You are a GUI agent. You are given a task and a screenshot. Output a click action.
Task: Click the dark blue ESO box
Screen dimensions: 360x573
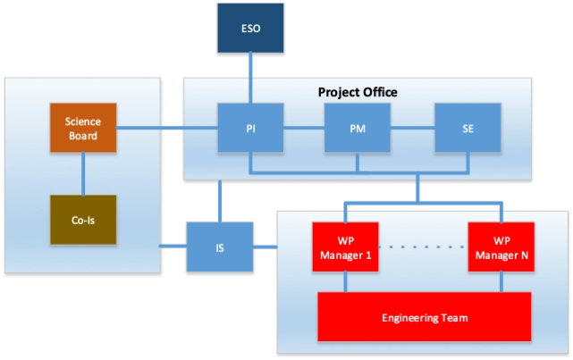pos(251,28)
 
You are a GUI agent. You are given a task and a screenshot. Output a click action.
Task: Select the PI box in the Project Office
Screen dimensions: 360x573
pos(251,129)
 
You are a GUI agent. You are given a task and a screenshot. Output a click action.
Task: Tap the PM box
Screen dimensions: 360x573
pos(357,129)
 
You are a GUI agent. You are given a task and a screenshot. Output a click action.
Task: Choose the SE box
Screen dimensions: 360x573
pos(468,129)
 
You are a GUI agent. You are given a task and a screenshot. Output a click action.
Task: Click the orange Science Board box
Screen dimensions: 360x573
pos(83,129)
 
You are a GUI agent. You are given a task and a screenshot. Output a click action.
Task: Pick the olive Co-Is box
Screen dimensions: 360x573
pos(83,220)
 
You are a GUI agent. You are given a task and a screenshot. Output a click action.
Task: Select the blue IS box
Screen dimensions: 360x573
pos(220,247)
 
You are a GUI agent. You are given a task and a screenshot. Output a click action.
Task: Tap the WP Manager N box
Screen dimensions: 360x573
pos(501,247)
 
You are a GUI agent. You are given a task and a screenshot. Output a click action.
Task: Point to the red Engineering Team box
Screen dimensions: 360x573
pos(425,318)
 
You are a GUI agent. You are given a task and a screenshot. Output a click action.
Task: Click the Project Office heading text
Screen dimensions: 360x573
pos(358,92)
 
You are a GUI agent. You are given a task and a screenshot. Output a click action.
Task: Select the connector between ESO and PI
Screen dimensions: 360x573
pos(251,77)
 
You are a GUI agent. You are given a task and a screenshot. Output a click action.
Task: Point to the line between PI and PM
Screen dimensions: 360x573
pos(304,129)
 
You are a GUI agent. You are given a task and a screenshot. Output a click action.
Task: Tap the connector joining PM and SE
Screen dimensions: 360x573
pos(412,129)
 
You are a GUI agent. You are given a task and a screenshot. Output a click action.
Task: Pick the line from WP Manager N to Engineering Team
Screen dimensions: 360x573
pos(501,281)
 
